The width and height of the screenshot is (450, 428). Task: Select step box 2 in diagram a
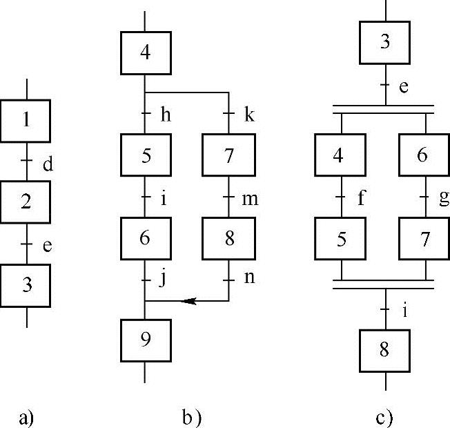[26, 202]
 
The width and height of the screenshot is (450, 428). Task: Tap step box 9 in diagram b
[145, 340]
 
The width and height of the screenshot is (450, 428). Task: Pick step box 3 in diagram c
[385, 41]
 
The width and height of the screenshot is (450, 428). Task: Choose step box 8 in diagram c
[384, 349]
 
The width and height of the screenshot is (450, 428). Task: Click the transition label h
[166, 113]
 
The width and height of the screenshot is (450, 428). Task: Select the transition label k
[250, 113]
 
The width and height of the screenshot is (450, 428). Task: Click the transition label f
[362, 199]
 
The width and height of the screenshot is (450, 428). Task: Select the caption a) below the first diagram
[26, 417]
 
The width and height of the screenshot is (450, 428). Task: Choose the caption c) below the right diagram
[384, 417]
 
